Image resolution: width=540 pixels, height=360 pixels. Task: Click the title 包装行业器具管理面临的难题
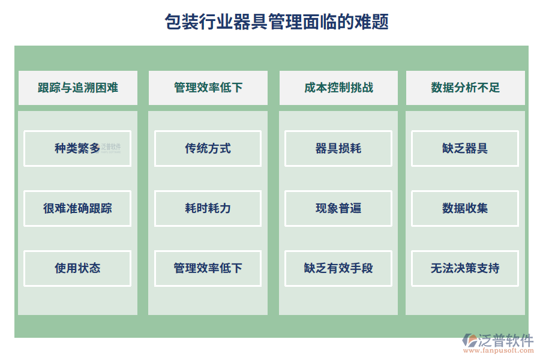point(277,22)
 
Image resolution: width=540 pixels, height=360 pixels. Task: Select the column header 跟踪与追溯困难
point(78,88)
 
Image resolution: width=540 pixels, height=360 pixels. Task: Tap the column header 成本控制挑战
point(338,88)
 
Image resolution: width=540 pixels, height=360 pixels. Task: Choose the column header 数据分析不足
point(465,88)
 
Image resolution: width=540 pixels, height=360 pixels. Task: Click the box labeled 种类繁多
point(77,148)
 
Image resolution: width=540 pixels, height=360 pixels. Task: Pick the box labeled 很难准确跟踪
point(77,208)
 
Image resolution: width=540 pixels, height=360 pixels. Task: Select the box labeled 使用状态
point(77,268)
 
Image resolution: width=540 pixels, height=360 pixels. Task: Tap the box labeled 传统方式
point(208,148)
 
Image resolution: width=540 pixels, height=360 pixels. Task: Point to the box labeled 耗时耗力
point(208,208)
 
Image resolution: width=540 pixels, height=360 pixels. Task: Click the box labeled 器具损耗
point(338,148)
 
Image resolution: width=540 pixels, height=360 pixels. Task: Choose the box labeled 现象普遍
point(338,208)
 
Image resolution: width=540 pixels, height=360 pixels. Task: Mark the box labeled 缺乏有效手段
point(338,268)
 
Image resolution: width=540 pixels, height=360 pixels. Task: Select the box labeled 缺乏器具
point(465,148)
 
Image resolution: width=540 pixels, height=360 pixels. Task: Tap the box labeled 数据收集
point(465,208)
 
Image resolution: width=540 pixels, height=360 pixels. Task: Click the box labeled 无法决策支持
point(465,268)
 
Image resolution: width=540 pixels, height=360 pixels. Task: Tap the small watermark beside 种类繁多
point(111,148)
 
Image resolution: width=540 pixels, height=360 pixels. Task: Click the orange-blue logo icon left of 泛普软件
point(469,341)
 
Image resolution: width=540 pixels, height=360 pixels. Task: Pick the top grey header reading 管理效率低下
point(208,88)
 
